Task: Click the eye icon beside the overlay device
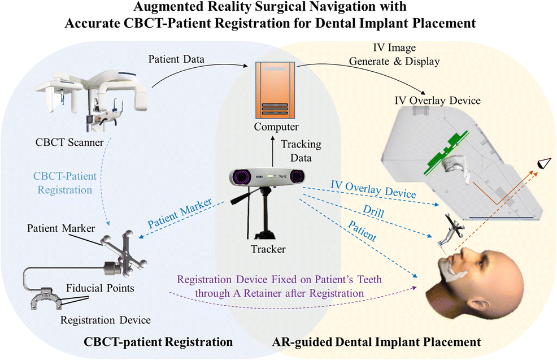coord(545,164)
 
